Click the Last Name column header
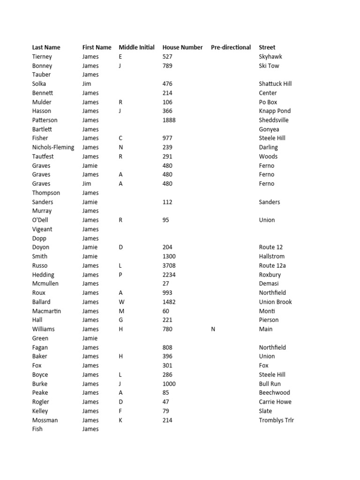46,47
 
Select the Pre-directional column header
231,47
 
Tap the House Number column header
182,47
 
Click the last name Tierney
42,57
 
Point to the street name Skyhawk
270,57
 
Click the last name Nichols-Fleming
53,147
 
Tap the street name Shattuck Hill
275,84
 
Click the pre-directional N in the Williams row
213,329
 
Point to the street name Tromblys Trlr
277,420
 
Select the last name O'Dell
40,220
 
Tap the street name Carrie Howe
275,402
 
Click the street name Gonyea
269,129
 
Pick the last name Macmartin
46,311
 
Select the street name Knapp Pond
275,111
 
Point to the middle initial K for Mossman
120,420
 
